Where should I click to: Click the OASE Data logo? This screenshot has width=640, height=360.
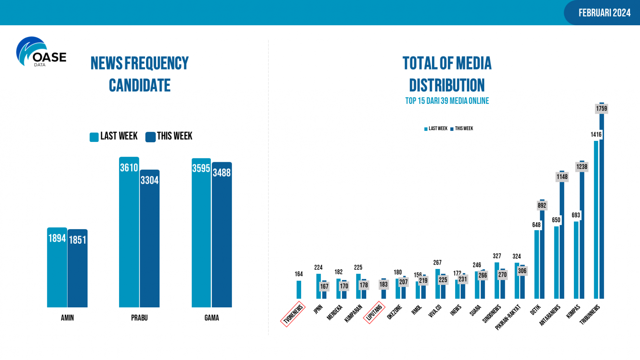(x=41, y=52)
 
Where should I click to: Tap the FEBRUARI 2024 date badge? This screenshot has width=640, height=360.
(x=604, y=13)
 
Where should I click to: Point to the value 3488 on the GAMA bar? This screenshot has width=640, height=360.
(x=222, y=173)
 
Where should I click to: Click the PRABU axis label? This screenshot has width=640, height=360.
(x=139, y=318)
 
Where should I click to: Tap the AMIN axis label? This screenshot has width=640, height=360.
(x=67, y=318)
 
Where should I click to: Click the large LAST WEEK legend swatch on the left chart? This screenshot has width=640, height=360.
(x=94, y=137)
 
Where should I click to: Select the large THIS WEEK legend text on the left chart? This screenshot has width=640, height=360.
(x=174, y=136)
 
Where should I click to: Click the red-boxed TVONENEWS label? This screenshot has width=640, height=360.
(x=293, y=314)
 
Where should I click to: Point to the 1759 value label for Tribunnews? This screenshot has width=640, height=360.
(x=602, y=108)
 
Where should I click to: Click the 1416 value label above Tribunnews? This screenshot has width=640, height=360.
(x=596, y=134)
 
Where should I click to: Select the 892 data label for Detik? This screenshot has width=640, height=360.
(x=542, y=205)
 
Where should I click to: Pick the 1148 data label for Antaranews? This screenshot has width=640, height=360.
(x=562, y=177)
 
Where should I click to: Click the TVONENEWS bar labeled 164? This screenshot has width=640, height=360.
(x=299, y=290)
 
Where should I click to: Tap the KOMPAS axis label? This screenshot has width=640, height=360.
(x=573, y=311)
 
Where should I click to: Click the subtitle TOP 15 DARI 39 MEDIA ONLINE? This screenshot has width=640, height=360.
(x=447, y=101)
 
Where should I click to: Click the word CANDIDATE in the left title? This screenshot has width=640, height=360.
(x=140, y=85)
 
